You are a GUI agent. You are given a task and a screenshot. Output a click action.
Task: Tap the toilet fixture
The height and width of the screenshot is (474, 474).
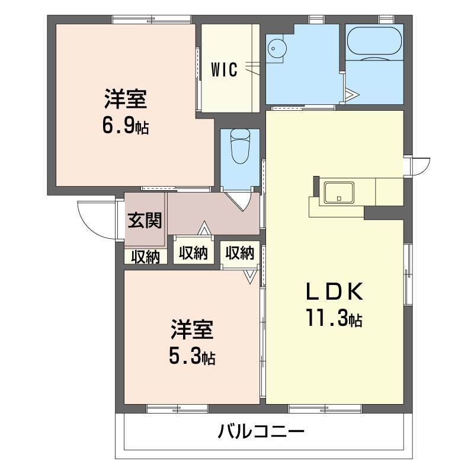[x=240, y=145]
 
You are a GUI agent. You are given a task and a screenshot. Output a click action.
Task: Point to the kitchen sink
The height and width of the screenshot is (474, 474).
[x=338, y=192]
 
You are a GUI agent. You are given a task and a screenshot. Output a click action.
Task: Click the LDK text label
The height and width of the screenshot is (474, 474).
[x=334, y=292]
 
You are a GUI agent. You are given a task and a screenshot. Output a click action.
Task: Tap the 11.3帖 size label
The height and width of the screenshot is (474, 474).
[x=334, y=319]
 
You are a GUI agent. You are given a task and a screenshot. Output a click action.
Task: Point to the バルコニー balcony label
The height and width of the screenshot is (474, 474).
[x=261, y=431]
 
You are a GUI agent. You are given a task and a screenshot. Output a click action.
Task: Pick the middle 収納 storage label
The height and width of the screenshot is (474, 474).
[x=193, y=254]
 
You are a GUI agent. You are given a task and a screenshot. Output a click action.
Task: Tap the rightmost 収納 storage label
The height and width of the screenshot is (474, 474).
[x=240, y=254]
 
